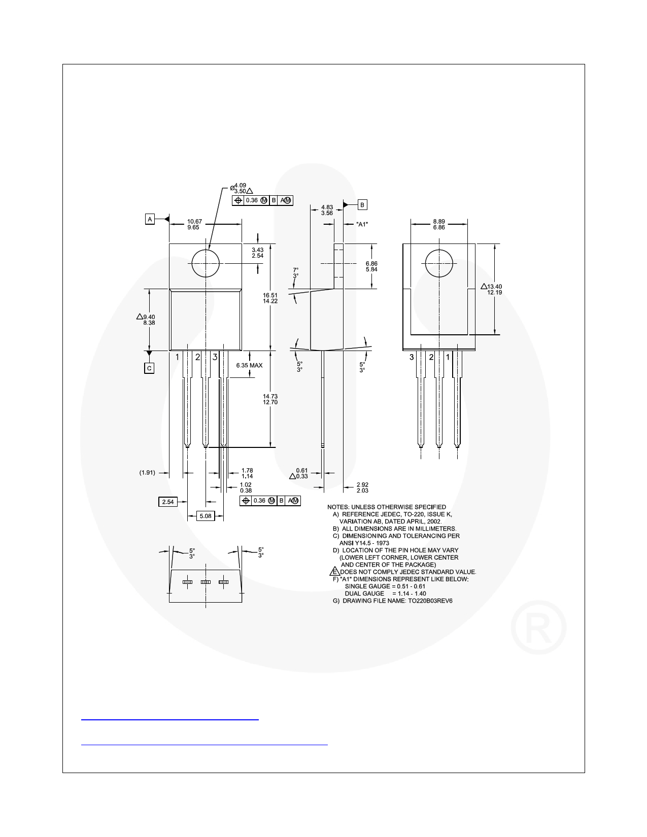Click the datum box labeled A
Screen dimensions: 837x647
(x=150, y=219)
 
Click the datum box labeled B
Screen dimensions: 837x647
(x=362, y=205)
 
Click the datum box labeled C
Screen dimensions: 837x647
(x=149, y=368)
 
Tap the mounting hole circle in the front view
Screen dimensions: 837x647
(x=206, y=264)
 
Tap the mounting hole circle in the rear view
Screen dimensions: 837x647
(x=438, y=264)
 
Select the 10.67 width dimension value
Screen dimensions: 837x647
(x=194, y=221)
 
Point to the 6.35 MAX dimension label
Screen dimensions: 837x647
(x=249, y=365)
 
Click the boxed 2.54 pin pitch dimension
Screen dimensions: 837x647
(x=167, y=502)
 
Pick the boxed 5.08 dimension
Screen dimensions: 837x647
(x=206, y=516)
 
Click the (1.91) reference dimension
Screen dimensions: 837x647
(x=147, y=473)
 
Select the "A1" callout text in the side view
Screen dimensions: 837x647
(x=362, y=224)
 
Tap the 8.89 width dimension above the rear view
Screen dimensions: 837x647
(x=439, y=221)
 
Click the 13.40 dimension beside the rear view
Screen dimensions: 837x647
(x=494, y=286)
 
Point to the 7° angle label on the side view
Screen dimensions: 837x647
(x=295, y=270)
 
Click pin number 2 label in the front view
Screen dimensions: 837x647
(x=197, y=357)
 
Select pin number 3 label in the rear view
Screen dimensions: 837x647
(x=412, y=357)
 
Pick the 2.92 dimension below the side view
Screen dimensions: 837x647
(x=362, y=484)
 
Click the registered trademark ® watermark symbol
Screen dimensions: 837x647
(x=538, y=630)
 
